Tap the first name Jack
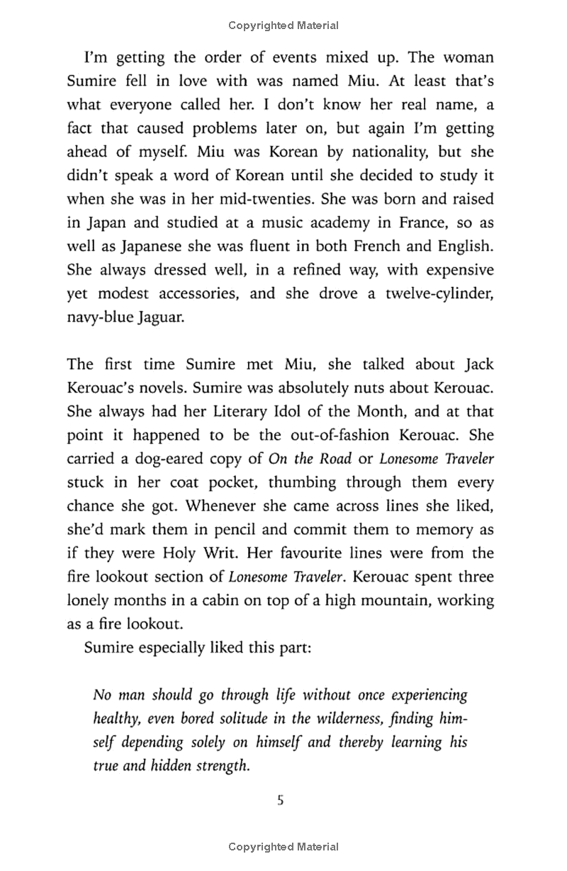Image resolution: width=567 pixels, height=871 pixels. pos(479,365)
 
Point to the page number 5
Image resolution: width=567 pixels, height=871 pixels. pos(281,802)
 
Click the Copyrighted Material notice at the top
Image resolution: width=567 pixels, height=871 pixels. pos(283,26)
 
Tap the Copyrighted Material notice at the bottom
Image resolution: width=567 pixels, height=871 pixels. pos(283,846)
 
